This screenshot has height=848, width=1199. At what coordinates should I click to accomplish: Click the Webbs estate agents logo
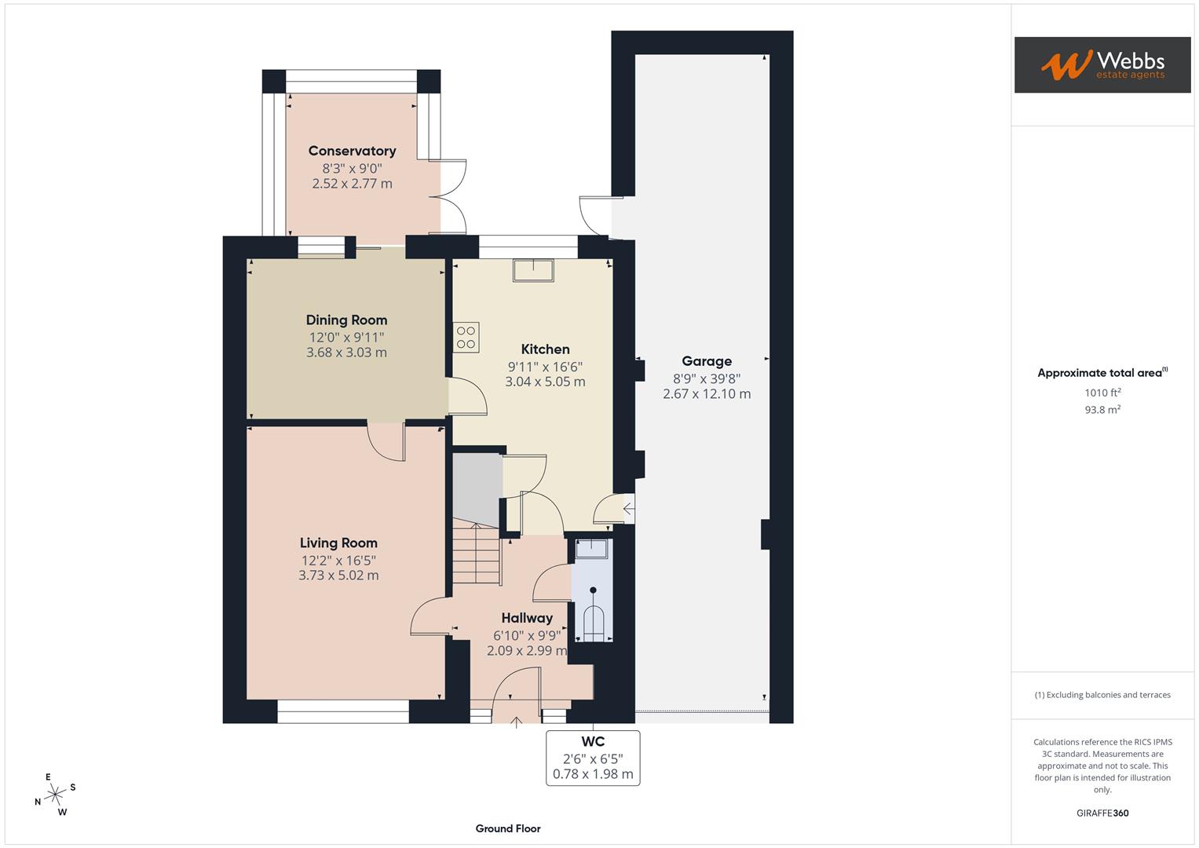click(x=1102, y=65)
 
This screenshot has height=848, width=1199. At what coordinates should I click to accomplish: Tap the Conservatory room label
click(x=352, y=151)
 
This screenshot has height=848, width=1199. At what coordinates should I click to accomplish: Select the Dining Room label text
click(x=346, y=320)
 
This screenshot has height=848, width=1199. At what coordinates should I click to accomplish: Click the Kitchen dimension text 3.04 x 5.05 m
click(x=545, y=382)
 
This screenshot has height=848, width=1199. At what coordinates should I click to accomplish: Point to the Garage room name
click(x=706, y=361)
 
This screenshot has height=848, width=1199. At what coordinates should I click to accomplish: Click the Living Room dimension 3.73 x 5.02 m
click(x=338, y=575)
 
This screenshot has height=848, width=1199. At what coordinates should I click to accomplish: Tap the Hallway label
click(x=527, y=618)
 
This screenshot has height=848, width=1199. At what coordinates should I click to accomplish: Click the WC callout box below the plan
click(x=593, y=758)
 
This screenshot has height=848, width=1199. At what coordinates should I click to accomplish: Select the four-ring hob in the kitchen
click(x=466, y=338)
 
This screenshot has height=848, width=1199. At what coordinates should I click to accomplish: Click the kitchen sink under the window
click(x=533, y=270)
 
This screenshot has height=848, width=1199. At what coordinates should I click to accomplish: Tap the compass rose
click(x=55, y=795)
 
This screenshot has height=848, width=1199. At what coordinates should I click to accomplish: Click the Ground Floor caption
click(x=508, y=828)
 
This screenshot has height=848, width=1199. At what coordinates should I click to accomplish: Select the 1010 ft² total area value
click(x=1102, y=393)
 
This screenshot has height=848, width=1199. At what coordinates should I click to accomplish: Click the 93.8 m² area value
click(x=1102, y=409)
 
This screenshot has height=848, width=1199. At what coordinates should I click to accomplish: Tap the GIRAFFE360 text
click(x=1102, y=813)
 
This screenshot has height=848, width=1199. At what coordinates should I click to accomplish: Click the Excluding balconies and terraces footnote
click(x=1102, y=695)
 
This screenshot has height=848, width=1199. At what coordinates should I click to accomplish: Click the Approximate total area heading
click(x=1102, y=373)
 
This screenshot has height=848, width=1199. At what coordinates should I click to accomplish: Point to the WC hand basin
click(x=591, y=549)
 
